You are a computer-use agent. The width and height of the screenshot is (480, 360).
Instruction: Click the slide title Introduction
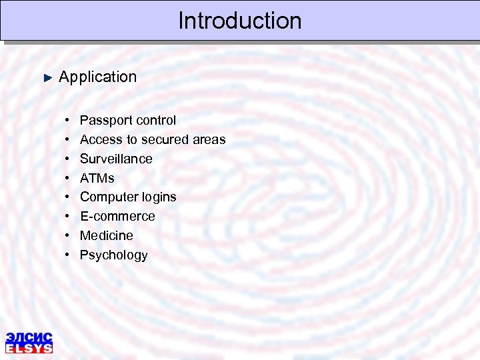tap(240, 21)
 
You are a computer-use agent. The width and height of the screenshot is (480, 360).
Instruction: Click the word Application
tap(97, 77)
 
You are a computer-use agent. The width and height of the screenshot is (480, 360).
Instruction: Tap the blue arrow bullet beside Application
tap(47, 77)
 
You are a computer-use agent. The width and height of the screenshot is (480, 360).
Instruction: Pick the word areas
tap(209, 140)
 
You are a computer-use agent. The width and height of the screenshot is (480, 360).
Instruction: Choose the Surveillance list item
tap(116, 159)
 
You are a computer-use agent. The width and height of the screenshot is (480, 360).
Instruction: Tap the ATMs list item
tap(97, 178)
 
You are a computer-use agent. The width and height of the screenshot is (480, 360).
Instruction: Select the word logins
tap(158, 197)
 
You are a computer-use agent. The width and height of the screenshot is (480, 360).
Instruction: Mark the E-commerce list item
tap(117, 216)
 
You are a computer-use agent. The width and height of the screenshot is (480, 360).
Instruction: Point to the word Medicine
tap(107, 235)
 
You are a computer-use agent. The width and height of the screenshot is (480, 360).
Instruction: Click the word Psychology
tap(114, 255)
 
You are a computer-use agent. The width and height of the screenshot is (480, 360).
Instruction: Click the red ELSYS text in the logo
tap(29, 348)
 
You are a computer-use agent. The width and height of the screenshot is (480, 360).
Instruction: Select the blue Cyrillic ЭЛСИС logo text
tap(29, 337)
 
